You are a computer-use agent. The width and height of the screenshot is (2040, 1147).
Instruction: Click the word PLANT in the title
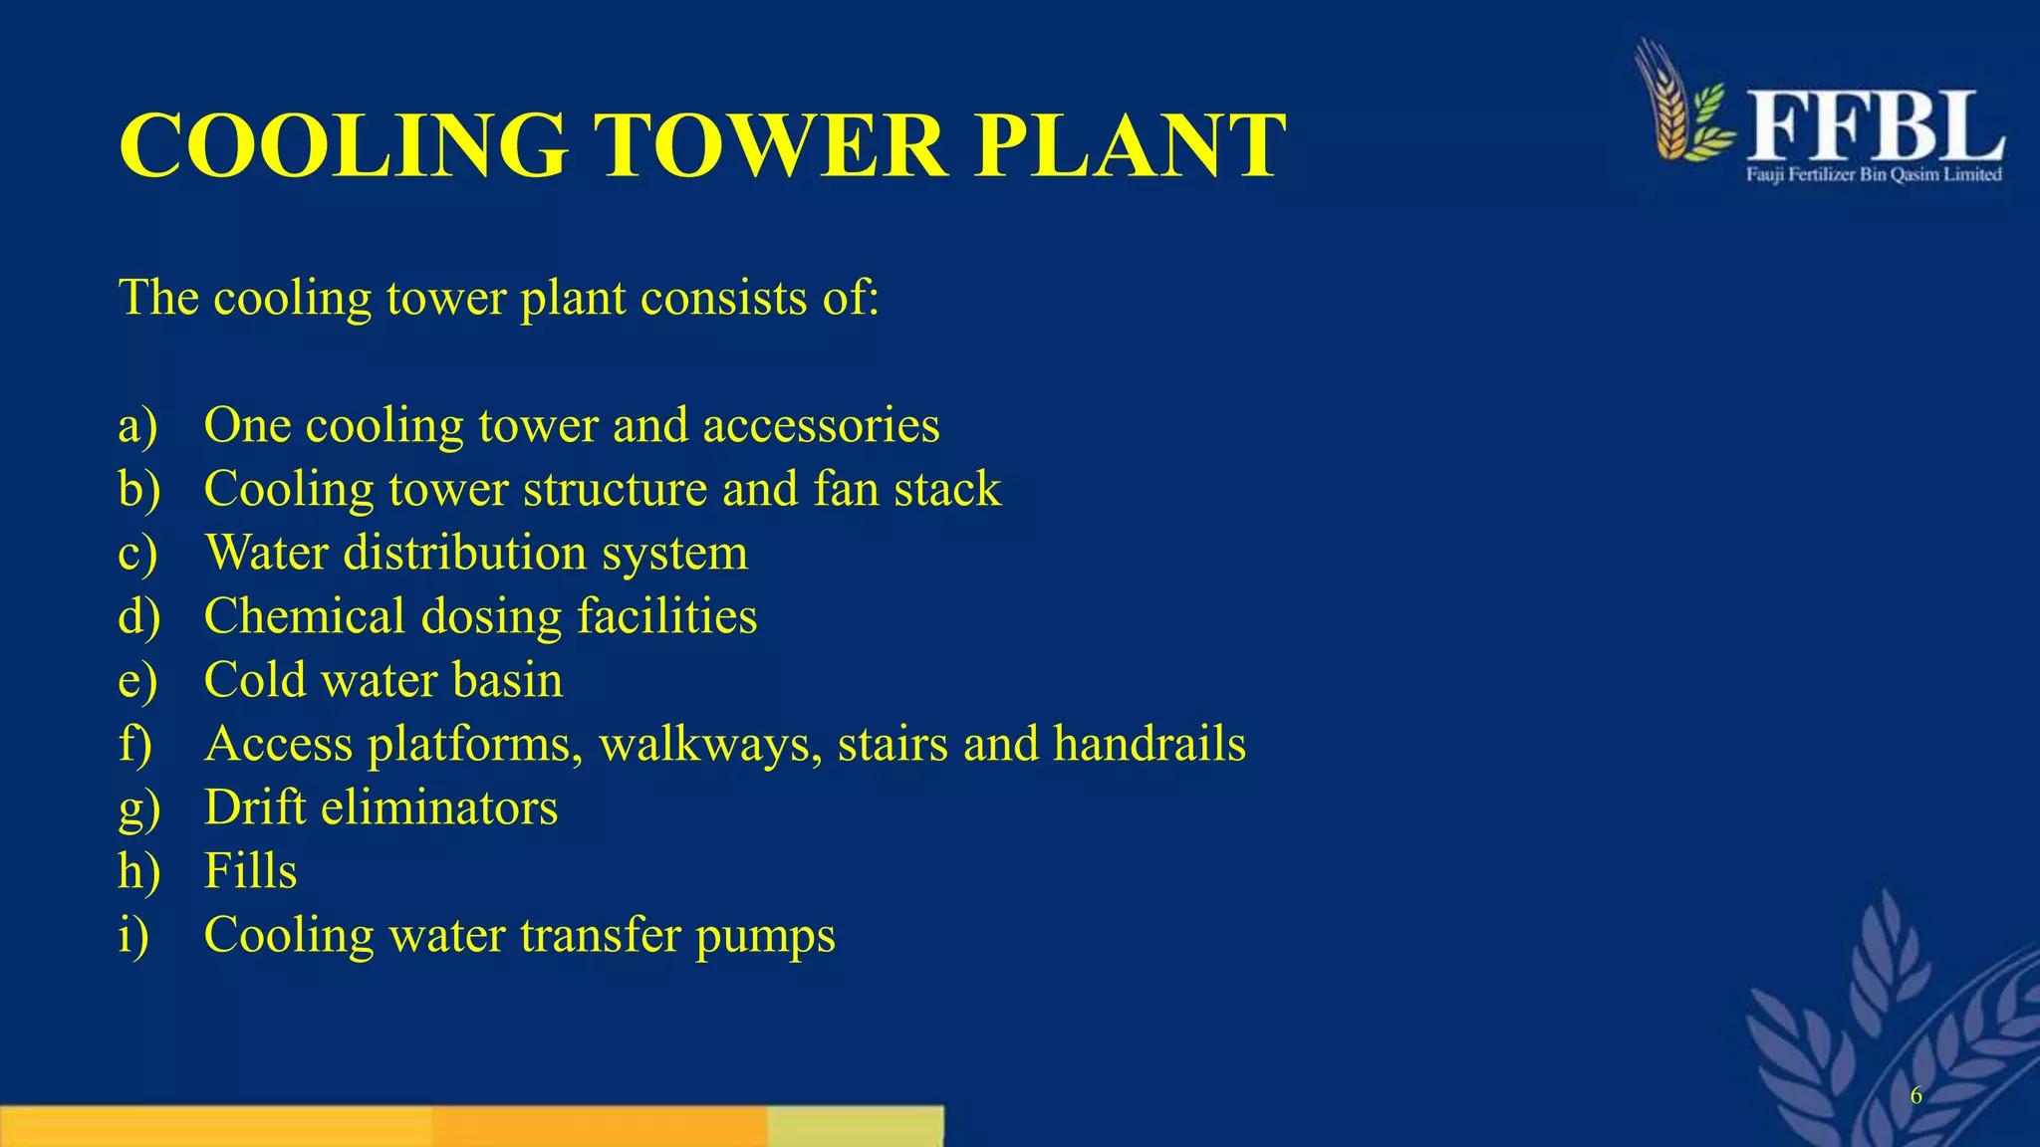pyautogui.click(x=1130, y=145)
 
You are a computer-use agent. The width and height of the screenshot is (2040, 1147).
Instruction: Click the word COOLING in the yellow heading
pyautogui.click(x=344, y=145)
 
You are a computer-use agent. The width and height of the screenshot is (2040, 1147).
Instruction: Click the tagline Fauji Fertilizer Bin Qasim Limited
pyautogui.click(x=1874, y=175)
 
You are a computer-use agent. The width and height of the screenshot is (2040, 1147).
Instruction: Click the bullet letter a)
pyautogui.click(x=137, y=426)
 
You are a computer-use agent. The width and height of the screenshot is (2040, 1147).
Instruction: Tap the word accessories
pyautogui.click(x=821, y=426)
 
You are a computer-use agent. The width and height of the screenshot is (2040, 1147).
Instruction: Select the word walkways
pyautogui.click(x=710, y=746)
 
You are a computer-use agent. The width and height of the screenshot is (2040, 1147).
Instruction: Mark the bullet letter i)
pyautogui.click(x=133, y=935)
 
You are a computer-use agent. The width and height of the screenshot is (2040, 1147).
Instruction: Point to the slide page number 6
pyautogui.click(x=1915, y=1096)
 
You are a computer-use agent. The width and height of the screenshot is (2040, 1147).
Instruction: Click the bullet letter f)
pyautogui.click(x=135, y=744)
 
